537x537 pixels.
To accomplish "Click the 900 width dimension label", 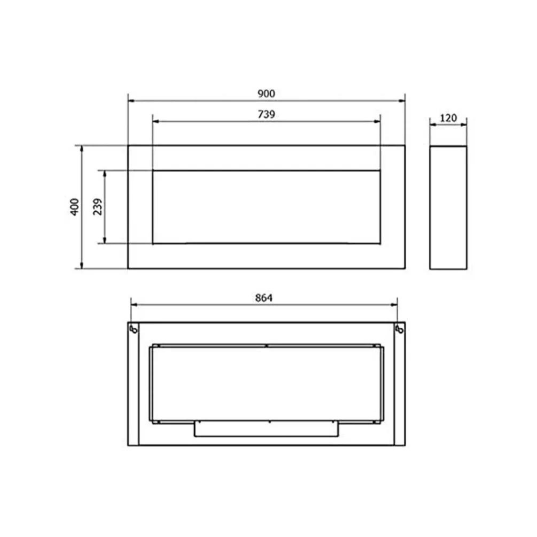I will (x=266, y=94).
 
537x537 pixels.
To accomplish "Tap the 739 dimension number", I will (x=266, y=114).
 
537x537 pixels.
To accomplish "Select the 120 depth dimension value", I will (x=448, y=118).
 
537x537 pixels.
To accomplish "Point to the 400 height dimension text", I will (x=74, y=207).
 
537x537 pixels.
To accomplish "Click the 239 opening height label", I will (x=98, y=207).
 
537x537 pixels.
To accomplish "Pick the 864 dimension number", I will (x=264, y=298).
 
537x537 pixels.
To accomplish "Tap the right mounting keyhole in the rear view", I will (x=400, y=329).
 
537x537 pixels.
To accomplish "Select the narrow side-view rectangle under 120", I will (x=448, y=207).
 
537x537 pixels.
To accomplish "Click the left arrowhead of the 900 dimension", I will (x=131, y=101).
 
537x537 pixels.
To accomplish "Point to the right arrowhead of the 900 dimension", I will (x=402, y=101).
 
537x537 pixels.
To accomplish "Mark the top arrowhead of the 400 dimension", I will (x=81, y=148).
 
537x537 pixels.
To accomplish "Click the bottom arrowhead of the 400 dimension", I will (x=81, y=266).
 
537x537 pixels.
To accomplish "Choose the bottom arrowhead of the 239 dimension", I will (x=105, y=241).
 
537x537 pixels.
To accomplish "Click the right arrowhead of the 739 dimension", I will (x=378, y=121).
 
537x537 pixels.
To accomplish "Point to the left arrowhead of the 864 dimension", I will (x=134, y=305).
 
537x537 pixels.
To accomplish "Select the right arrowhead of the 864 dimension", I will (x=394, y=305).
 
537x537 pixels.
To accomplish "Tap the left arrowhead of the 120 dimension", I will (x=433, y=125).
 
